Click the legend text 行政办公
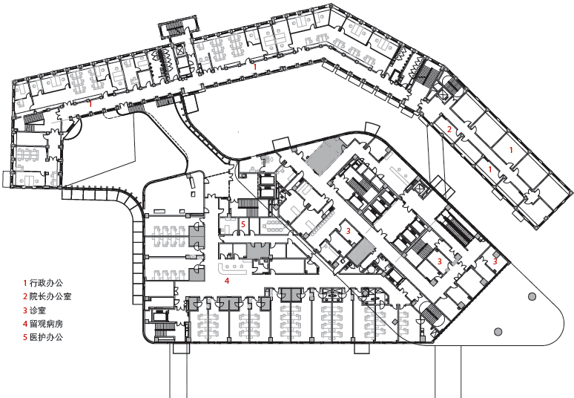(x=46, y=283)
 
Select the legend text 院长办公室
(x=50, y=296)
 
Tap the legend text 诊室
(x=38, y=310)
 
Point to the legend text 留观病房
(x=46, y=324)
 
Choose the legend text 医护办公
(x=46, y=337)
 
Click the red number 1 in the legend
(x=25, y=283)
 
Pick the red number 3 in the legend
(x=25, y=310)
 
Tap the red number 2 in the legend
(x=25, y=296)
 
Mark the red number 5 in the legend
(x=25, y=337)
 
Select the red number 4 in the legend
(x=25, y=324)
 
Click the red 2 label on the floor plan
(x=449, y=129)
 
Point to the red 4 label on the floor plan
(x=227, y=281)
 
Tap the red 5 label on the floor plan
(x=243, y=224)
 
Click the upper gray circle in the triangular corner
(x=532, y=296)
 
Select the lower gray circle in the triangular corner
(x=498, y=332)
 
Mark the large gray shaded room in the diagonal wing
(x=325, y=157)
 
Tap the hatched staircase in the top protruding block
(x=175, y=27)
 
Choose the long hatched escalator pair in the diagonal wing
(x=457, y=226)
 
